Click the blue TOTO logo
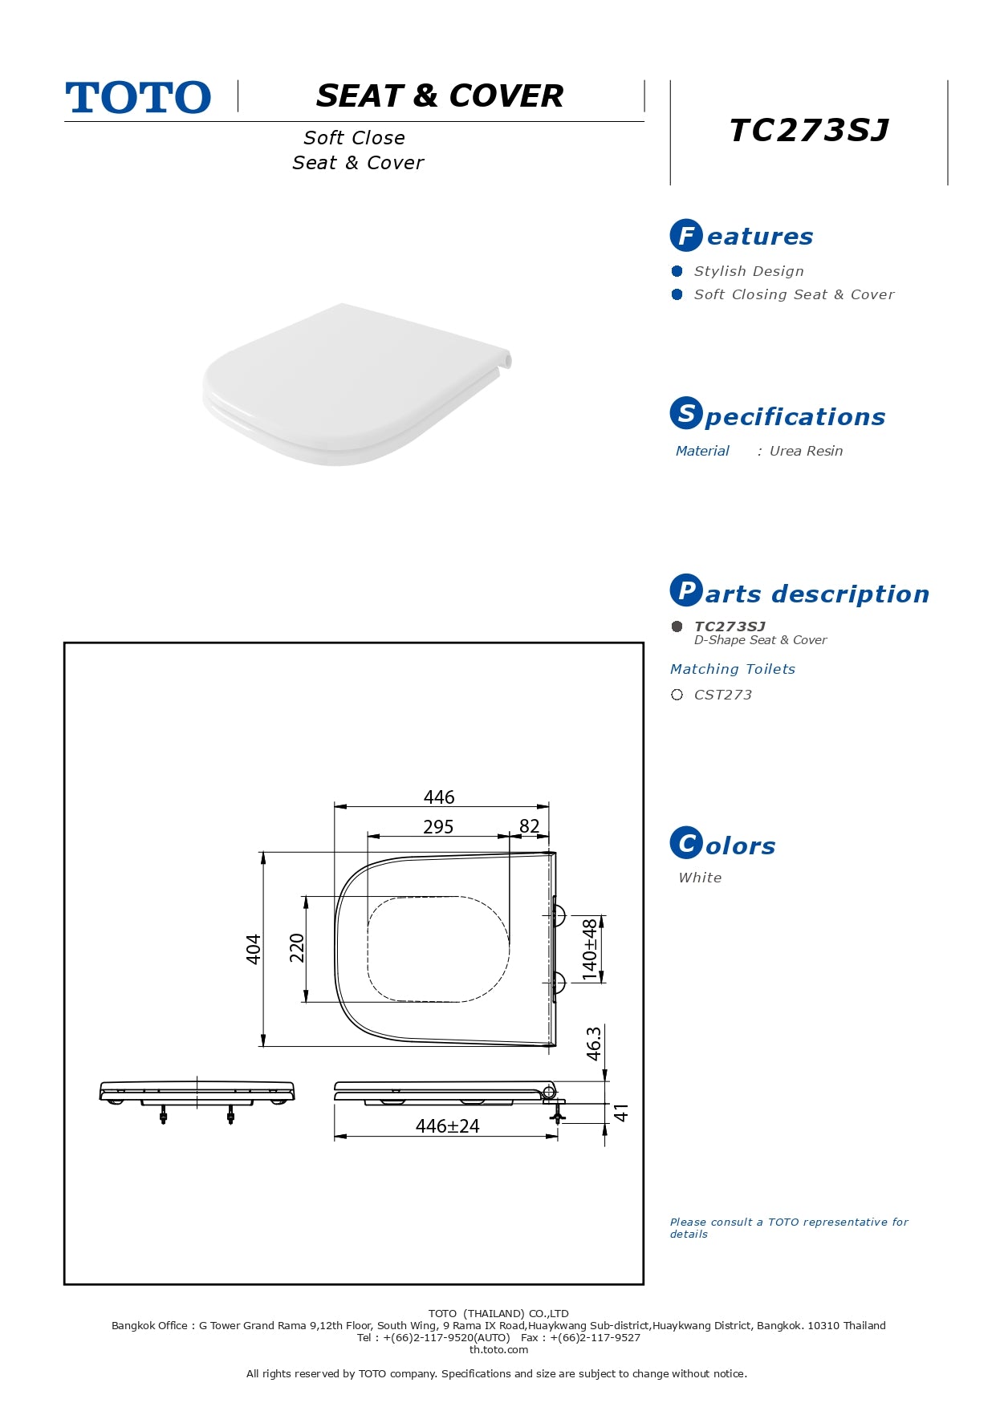(x=138, y=97)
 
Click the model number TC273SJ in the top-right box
(x=809, y=130)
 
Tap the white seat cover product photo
(x=357, y=383)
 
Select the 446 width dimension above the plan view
(x=439, y=797)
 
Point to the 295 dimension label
(x=438, y=826)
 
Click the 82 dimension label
(x=530, y=826)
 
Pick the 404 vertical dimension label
(x=254, y=949)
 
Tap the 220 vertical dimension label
(x=297, y=948)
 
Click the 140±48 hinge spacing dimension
(x=590, y=950)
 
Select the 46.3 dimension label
(x=593, y=1044)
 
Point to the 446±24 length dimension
(x=447, y=1126)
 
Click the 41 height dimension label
(x=621, y=1113)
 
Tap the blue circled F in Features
(x=686, y=235)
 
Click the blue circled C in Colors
(x=686, y=842)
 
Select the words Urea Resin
(x=806, y=451)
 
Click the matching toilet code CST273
(x=723, y=695)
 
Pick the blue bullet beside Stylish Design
(x=677, y=271)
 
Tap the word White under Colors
(x=700, y=878)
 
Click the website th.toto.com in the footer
(x=498, y=1349)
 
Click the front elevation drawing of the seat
(x=197, y=1101)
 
